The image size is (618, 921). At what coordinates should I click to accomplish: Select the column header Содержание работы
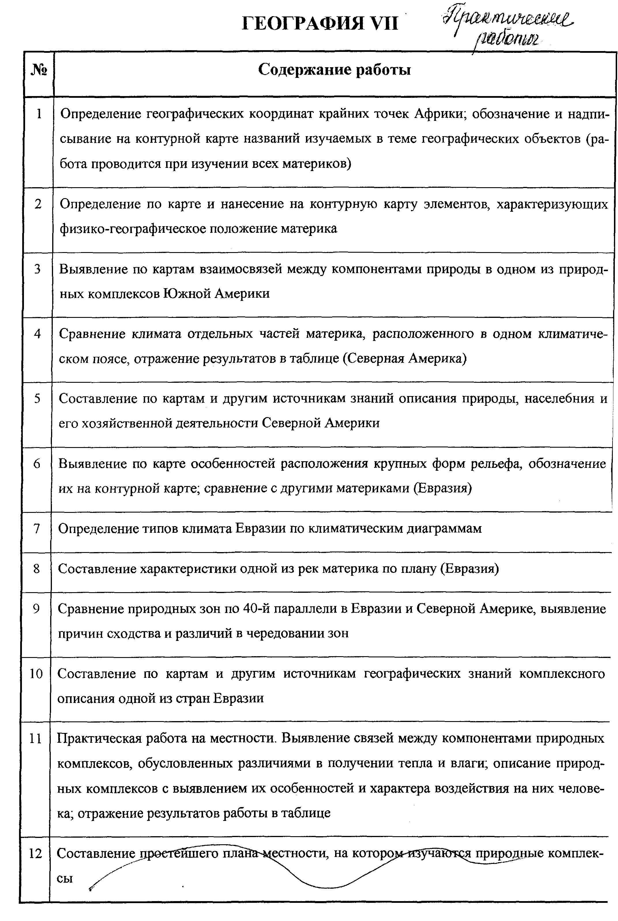coord(334,70)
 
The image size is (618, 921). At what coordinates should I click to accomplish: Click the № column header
coord(39,70)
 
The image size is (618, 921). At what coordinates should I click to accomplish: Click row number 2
coord(38,204)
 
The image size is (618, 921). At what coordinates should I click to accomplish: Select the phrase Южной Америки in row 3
coord(216,294)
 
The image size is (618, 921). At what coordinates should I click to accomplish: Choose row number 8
coord(37,569)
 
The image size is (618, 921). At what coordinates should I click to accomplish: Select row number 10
coord(36,674)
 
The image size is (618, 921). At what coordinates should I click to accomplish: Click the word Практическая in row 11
coord(99,738)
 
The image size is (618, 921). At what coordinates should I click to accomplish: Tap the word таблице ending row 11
coord(305,813)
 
